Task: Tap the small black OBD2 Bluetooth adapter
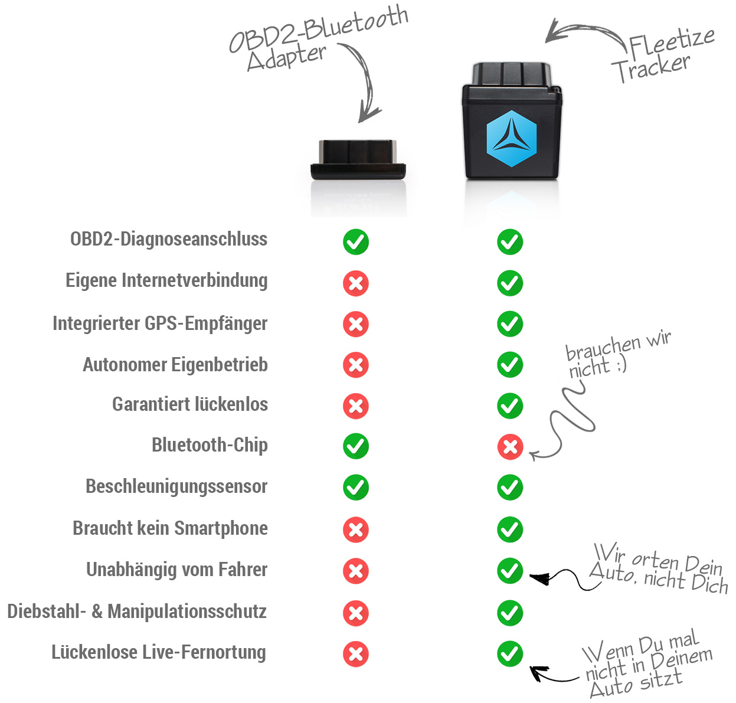pos(358,160)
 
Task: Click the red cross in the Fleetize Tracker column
pos(510,447)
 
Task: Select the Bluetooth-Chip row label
pos(210,445)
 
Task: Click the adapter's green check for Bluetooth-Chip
pos(356,446)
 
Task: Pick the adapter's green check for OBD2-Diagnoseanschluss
pos(356,242)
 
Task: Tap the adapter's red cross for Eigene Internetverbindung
pos(356,283)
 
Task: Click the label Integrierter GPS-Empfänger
pos(160,323)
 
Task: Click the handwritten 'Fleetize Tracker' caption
pos(660,55)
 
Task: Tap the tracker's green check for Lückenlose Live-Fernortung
pos(510,653)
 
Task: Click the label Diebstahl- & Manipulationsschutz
pos(137,612)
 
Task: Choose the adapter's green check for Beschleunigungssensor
pos(356,488)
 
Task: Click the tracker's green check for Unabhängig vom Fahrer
pos(510,571)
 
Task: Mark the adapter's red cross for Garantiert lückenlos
pos(356,406)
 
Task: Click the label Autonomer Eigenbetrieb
pos(175,365)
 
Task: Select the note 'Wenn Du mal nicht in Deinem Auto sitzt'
pos(646,664)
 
